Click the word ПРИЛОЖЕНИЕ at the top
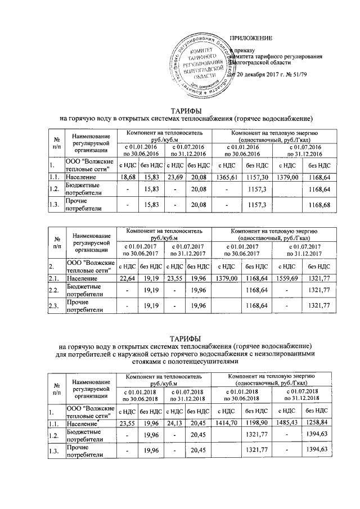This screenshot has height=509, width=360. (x=251, y=38)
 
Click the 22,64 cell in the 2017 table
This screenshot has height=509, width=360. (x=127, y=278)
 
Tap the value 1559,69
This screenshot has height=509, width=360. (x=290, y=278)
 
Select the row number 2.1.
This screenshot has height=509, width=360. (x=55, y=278)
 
